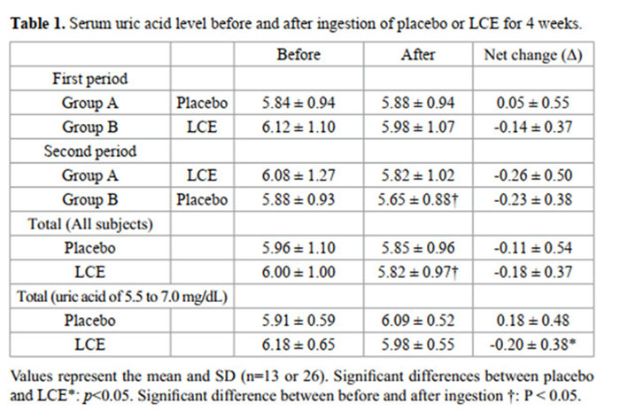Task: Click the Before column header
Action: click(x=298, y=55)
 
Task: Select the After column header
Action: click(x=417, y=55)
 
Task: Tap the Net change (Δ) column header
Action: click(x=532, y=55)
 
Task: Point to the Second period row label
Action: click(x=91, y=151)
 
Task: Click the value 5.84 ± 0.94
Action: click(x=298, y=103)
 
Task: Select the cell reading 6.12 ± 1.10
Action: click(x=298, y=127)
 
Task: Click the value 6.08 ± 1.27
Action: click(x=298, y=175)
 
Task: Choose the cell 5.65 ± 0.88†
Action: click(x=419, y=199)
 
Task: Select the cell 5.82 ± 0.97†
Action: click(x=419, y=271)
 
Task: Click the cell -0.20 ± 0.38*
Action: click(x=534, y=343)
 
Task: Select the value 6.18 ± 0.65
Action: click(x=298, y=343)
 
